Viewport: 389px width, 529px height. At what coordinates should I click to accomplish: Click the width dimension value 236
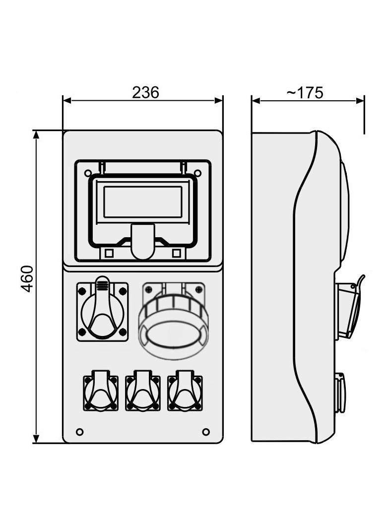tap(145, 92)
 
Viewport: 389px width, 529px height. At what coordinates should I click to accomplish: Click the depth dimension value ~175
tap(305, 92)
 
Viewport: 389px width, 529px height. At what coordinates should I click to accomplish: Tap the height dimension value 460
tap(27, 279)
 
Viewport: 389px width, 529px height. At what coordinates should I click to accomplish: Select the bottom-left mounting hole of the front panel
tap(79, 432)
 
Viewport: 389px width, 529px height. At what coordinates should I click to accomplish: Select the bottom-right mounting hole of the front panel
tap(206, 432)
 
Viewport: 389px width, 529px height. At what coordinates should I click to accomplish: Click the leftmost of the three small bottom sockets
tap(101, 391)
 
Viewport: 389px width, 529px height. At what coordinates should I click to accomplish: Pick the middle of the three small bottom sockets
tap(143, 391)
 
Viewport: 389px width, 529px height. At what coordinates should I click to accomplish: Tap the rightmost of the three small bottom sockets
tap(185, 391)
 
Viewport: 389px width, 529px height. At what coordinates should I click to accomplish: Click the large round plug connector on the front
tap(173, 321)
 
